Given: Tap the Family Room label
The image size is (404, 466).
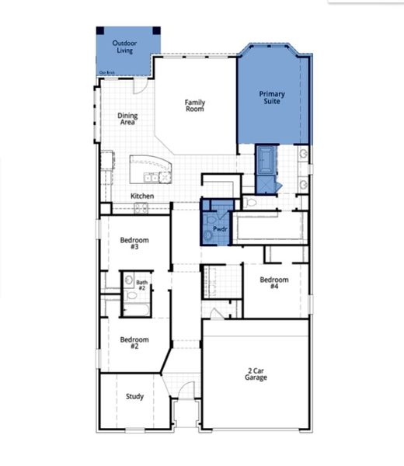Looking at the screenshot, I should pyautogui.click(x=194, y=106).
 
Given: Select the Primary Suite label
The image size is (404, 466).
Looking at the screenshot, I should pyautogui.click(x=272, y=98).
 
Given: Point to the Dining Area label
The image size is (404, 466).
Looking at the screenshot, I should pyautogui.click(x=127, y=119).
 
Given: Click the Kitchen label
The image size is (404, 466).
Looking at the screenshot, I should pyautogui.click(x=142, y=196).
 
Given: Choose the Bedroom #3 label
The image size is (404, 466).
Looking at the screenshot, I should pyautogui.click(x=129, y=242).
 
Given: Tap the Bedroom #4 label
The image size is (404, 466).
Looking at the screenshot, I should pyautogui.click(x=274, y=283).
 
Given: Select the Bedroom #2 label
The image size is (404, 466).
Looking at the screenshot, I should pyautogui.click(x=129, y=342).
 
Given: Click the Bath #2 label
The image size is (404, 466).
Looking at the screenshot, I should pyautogui.click(x=141, y=285).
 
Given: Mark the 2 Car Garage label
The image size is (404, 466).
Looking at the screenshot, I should pyautogui.click(x=256, y=374).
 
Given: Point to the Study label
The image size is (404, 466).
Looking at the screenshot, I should pyautogui.click(x=134, y=396).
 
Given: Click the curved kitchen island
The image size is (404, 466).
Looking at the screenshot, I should pyautogui.click(x=150, y=166).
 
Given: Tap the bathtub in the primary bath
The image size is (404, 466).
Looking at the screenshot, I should pyautogui.click(x=266, y=159).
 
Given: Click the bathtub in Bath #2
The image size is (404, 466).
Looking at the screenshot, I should pyautogui.click(x=136, y=309).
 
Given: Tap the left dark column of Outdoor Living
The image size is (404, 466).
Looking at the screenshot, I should pyautogui.click(x=100, y=30).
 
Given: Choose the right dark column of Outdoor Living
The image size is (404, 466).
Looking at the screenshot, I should pyautogui.click(x=156, y=30).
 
